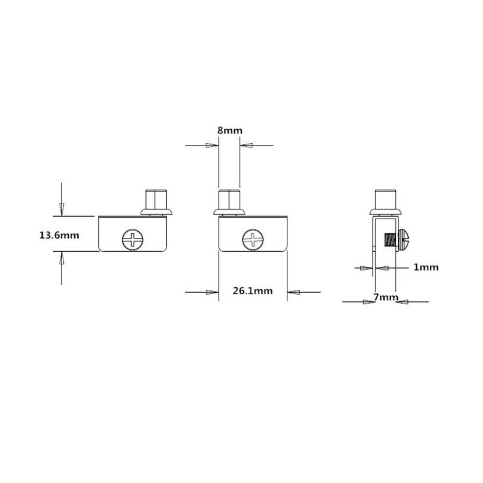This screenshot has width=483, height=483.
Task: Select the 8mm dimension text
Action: point(229,130)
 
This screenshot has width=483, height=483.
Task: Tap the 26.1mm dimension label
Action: point(252,291)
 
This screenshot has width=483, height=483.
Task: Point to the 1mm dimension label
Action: point(426,267)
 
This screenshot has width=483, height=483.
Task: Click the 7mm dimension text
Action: point(386,297)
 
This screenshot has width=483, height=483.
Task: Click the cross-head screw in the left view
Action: point(133,239)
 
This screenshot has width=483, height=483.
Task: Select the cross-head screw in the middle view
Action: point(252,239)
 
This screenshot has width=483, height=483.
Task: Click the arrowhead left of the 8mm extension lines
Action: point(211,145)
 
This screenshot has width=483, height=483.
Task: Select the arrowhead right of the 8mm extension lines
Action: point(247,145)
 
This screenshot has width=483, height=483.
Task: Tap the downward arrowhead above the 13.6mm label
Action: point(60,208)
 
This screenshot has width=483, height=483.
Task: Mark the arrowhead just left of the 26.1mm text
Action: point(211,292)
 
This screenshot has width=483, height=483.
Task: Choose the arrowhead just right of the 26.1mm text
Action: point(294,292)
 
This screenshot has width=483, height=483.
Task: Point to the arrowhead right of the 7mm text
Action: point(403,301)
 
